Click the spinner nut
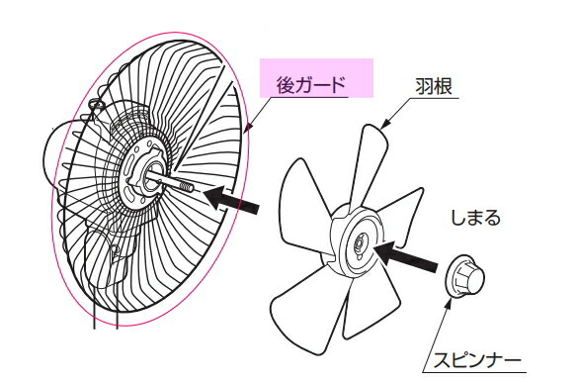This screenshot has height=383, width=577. [462, 276]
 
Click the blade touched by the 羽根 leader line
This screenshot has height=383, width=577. [370, 158]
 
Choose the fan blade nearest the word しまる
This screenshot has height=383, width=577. [410, 213]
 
